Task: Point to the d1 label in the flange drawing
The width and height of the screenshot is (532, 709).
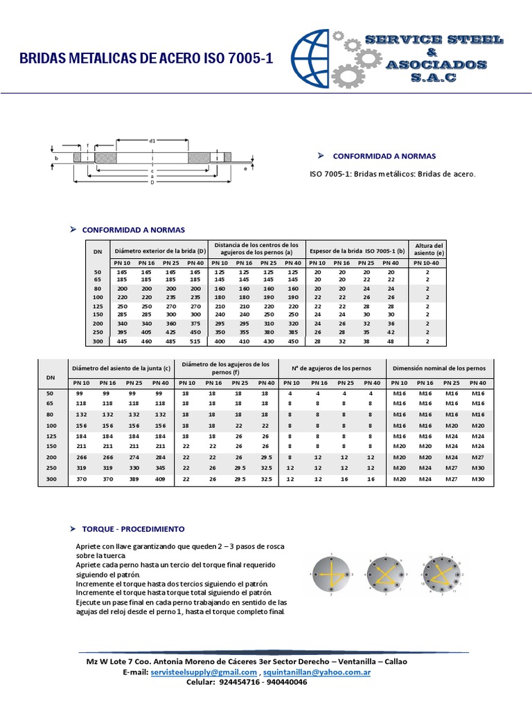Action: tap(152, 141)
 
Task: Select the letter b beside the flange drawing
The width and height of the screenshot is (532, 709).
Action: tap(57, 159)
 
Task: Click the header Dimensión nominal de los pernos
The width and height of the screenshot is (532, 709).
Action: tap(439, 367)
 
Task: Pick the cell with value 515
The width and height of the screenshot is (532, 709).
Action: tap(195, 341)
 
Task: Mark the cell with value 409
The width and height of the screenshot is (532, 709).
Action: tap(161, 478)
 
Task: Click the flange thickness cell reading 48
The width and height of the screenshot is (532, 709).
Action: tap(391, 341)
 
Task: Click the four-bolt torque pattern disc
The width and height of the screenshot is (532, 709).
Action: tap(332, 574)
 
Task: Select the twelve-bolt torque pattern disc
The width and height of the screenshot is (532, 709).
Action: tap(443, 574)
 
